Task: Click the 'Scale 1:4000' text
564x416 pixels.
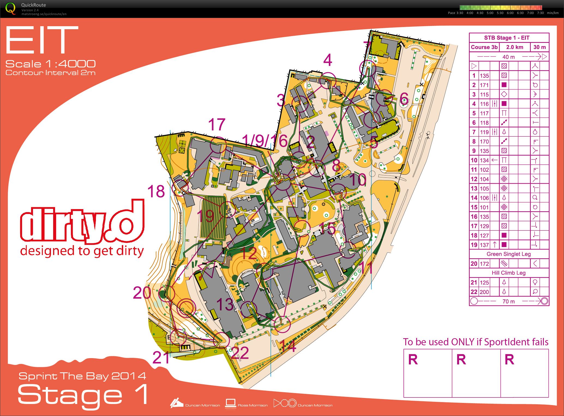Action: pyautogui.click(x=50, y=64)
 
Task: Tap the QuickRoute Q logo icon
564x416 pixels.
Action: pyautogui.click(x=10, y=8)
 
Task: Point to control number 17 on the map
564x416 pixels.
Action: pyautogui.click(x=217, y=124)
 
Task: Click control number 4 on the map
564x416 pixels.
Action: pyautogui.click(x=327, y=60)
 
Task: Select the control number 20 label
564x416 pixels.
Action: pyautogui.click(x=142, y=293)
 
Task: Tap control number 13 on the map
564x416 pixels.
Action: pyautogui.click(x=225, y=304)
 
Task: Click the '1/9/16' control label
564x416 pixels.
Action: pyautogui.click(x=264, y=141)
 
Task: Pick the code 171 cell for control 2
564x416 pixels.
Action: pyautogui.click(x=484, y=85)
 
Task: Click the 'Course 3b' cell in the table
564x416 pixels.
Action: pyautogui.click(x=484, y=47)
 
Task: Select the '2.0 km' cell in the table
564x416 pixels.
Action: pyautogui.click(x=514, y=47)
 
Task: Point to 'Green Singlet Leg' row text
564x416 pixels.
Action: pyautogui.click(x=508, y=254)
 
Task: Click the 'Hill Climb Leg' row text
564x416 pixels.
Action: pyautogui.click(x=508, y=273)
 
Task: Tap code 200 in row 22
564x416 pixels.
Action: pyautogui.click(x=484, y=292)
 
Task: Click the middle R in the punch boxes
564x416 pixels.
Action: pyautogui.click(x=461, y=359)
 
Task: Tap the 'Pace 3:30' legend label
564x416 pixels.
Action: pyautogui.click(x=455, y=13)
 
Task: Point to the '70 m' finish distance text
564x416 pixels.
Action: pyautogui.click(x=509, y=301)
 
